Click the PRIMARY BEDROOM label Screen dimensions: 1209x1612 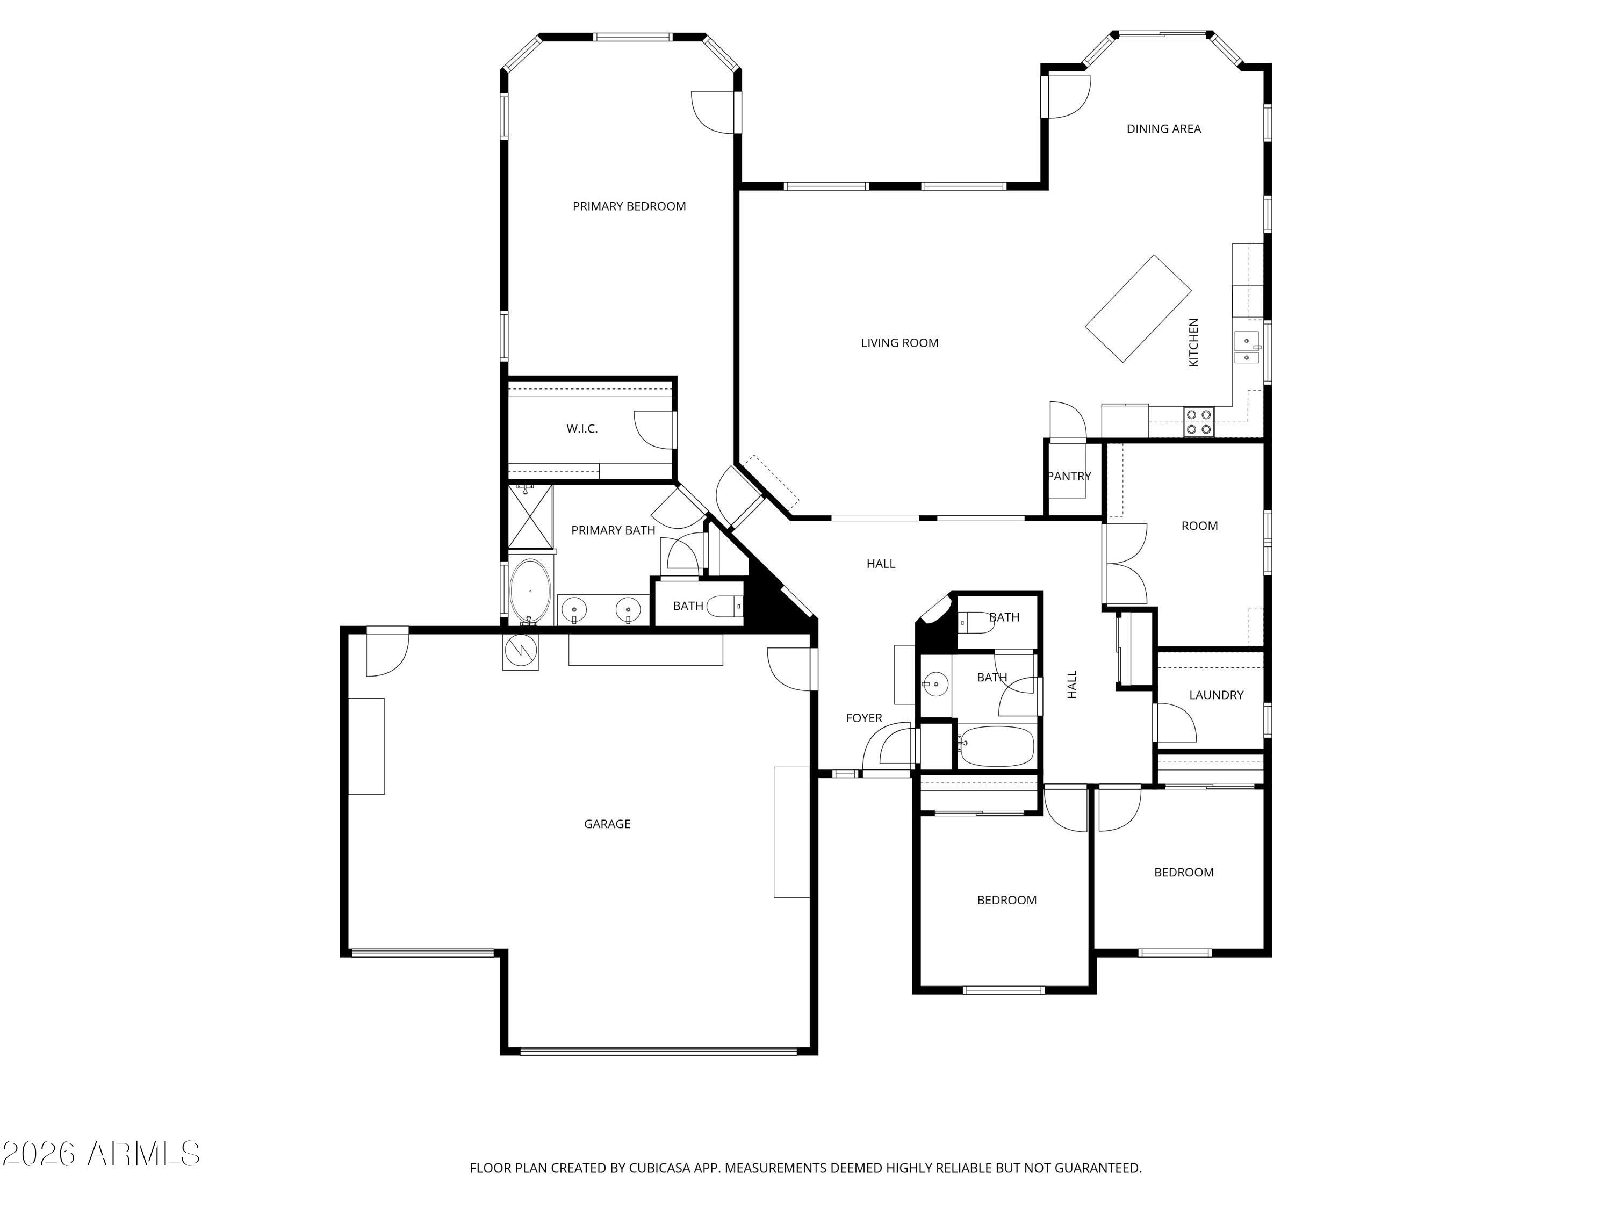629,206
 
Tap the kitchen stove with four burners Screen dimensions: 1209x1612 1199,422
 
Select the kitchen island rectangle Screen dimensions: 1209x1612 1138,308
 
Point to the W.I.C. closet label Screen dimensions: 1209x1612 581,428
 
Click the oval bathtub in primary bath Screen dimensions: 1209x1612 530,591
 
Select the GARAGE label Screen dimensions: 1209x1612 607,824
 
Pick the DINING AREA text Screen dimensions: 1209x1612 1163,129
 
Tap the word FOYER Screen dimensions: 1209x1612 863,718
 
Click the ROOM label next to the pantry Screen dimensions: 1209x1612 1199,526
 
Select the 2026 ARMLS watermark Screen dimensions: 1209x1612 100,1154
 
